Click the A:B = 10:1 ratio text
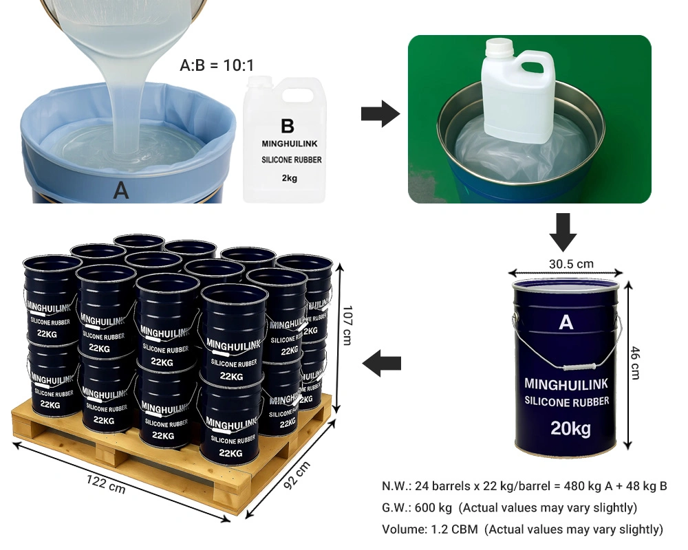tap(217, 65)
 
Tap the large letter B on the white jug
tap(288, 126)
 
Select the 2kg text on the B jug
tap(290, 178)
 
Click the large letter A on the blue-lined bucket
tap(121, 191)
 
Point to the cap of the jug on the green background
tap(499, 45)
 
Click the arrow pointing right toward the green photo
tap(380, 114)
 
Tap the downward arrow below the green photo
tap(563, 232)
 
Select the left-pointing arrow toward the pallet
tap(382, 364)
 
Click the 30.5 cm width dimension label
tap(571, 264)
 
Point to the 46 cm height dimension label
tap(635, 363)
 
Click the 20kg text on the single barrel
tap(570, 428)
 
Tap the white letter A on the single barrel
tap(566, 322)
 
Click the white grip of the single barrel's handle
tap(579, 367)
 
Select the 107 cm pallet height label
tap(347, 325)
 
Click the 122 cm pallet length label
tap(106, 484)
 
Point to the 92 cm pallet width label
tap(297, 475)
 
